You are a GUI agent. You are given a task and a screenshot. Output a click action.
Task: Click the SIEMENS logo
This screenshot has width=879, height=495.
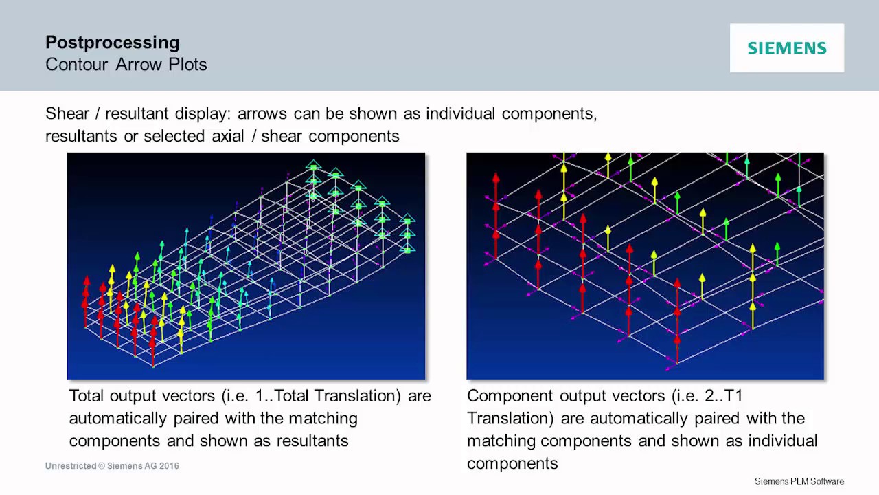tap(787, 48)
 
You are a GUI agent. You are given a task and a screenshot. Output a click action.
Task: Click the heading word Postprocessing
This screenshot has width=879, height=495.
tap(113, 43)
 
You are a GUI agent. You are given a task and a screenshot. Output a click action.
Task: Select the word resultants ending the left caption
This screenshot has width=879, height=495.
tap(312, 441)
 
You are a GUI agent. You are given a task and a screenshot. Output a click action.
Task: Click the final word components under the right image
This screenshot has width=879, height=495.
tap(512, 463)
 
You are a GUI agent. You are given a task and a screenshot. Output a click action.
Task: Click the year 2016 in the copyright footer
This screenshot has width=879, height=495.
tap(169, 466)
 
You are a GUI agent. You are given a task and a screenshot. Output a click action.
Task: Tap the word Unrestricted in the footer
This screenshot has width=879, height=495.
tap(71, 466)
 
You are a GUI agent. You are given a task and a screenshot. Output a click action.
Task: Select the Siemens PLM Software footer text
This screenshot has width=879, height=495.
tap(799, 481)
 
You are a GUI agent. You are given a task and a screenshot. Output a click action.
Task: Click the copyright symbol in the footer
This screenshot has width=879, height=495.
tap(102, 466)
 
